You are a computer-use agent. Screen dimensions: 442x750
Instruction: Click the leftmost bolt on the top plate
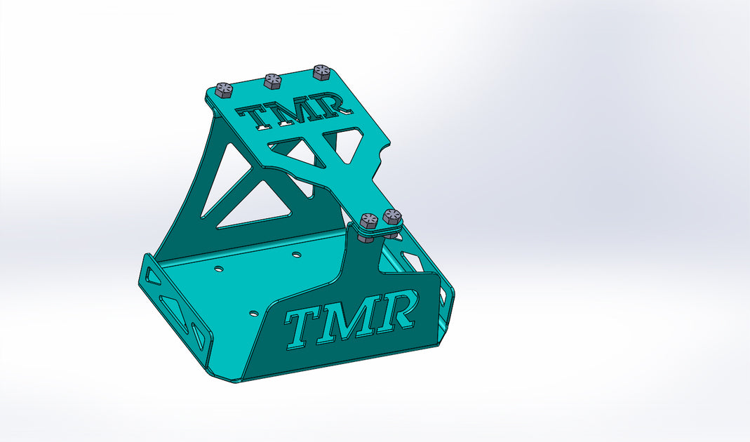click(224, 90)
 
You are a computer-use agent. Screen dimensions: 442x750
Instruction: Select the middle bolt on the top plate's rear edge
click(273, 81)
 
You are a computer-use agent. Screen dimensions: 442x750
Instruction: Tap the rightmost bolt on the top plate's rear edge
click(322, 72)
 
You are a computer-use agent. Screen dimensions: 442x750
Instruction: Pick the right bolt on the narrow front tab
click(392, 216)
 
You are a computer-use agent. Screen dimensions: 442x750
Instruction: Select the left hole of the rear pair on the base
click(219, 268)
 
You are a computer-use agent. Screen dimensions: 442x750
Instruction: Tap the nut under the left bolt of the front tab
click(367, 238)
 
